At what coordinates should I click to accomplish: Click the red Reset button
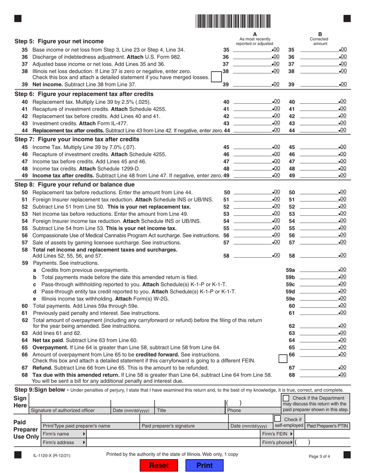[159, 465]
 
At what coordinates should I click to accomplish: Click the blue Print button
[204, 465]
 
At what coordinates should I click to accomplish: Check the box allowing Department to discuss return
[286, 397]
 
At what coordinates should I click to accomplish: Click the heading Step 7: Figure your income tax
[76, 139]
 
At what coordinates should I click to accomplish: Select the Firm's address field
[173, 443]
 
